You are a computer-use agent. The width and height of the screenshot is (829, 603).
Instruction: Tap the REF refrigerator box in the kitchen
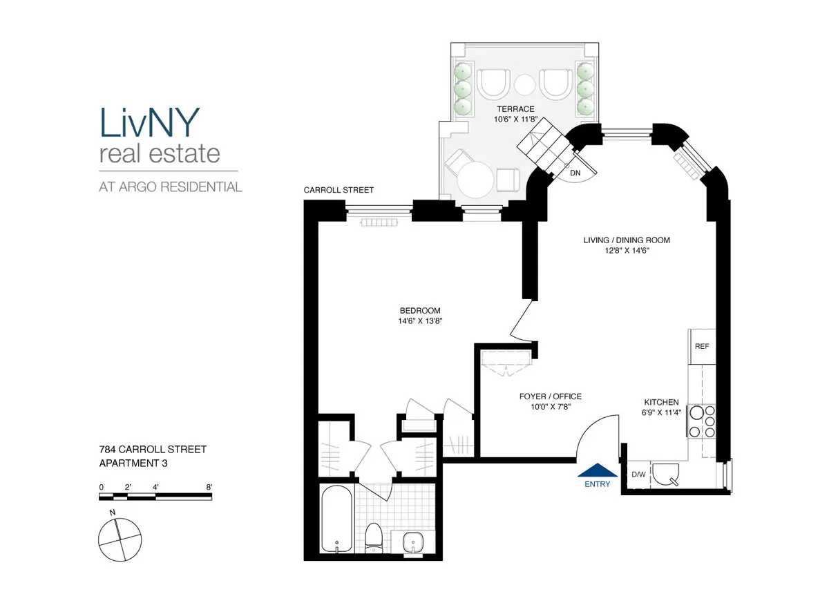coord(702,347)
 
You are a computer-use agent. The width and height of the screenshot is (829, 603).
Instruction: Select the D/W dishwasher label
coord(638,475)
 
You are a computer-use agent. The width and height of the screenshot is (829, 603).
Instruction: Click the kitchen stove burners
coord(702,421)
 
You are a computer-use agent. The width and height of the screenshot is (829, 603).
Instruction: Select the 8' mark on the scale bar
coord(209,487)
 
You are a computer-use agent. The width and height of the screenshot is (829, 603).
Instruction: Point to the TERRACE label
coord(515,109)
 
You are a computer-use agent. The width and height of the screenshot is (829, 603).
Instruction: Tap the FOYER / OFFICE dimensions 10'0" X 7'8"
coord(550,408)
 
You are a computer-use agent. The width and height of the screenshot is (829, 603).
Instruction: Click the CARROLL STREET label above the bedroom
coord(339,190)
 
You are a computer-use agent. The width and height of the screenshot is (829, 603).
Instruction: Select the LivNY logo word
coord(149,122)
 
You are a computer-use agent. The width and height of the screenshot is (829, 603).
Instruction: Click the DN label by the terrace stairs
coord(574,173)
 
